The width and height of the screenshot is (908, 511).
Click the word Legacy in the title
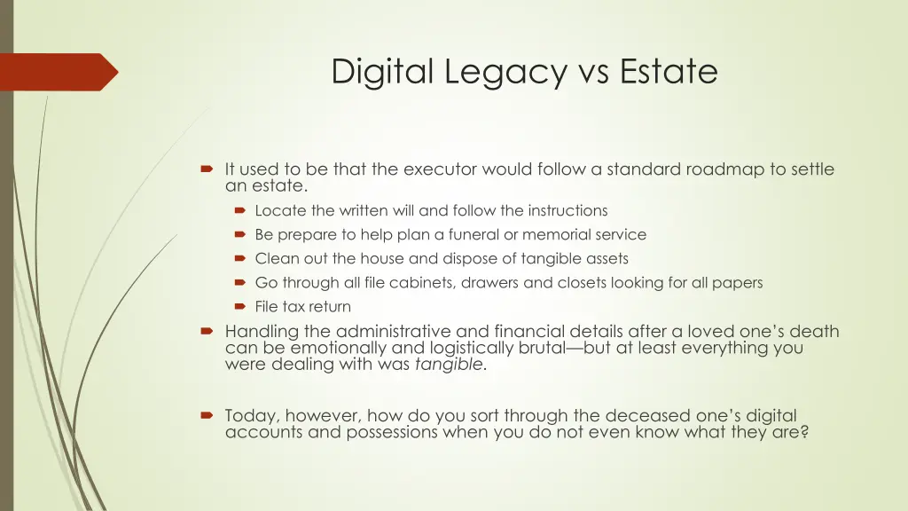tap(493, 72)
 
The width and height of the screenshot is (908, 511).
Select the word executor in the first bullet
tap(439, 169)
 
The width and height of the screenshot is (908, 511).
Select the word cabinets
tap(422, 283)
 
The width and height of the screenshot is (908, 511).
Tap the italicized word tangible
tap(450, 364)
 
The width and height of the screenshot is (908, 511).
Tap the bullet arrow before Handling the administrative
tap(207, 332)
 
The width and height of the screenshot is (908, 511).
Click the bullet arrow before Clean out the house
tap(239, 259)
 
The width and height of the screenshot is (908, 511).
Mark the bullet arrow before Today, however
tap(207, 415)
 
